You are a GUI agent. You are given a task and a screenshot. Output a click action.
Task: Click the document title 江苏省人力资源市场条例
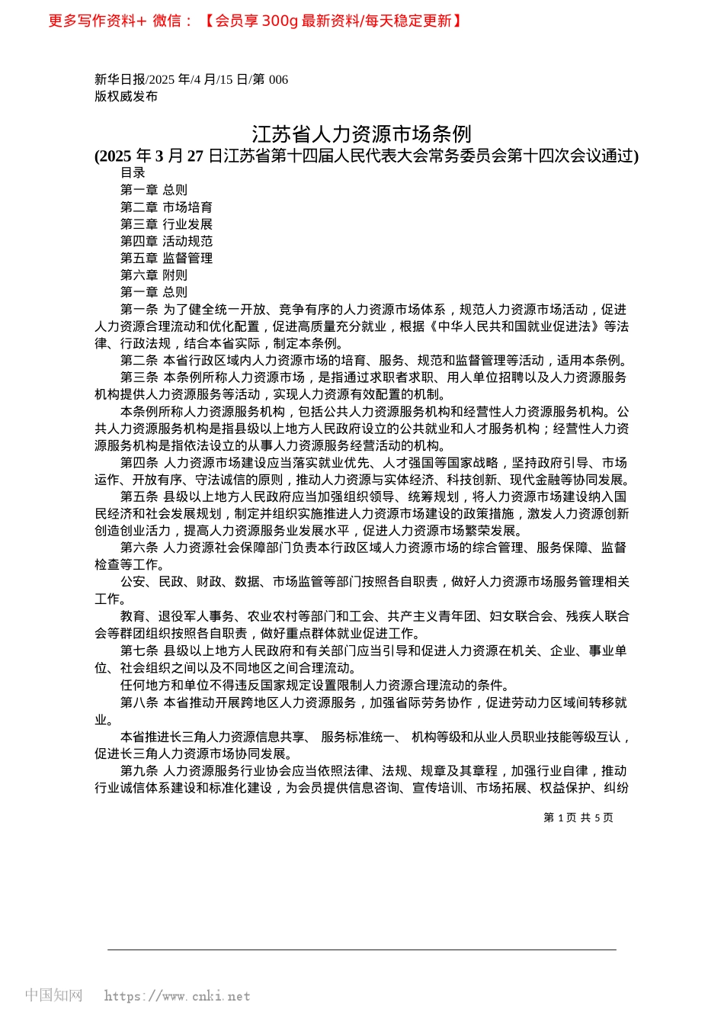[x=362, y=134]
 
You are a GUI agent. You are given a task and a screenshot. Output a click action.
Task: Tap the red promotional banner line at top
[x=255, y=21]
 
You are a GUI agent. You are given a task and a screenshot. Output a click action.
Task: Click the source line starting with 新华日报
[x=191, y=79]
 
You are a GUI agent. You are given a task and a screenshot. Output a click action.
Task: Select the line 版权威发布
[x=127, y=96]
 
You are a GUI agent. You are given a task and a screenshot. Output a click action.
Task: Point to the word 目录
[x=133, y=173]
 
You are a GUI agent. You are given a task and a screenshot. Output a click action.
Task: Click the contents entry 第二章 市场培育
[x=166, y=207]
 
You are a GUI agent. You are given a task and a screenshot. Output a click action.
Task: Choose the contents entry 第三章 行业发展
[x=166, y=224]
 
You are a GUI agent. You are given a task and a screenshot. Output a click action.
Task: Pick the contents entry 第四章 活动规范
[x=166, y=241]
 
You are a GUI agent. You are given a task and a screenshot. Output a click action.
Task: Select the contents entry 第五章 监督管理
[x=166, y=259]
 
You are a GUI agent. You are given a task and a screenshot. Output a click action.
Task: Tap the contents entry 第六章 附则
[x=154, y=275]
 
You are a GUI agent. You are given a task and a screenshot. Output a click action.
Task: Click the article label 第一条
[x=139, y=310]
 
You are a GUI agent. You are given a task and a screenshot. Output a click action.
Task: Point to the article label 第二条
[x=139, y=361]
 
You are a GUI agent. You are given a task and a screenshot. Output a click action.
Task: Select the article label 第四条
[x=139, y=463]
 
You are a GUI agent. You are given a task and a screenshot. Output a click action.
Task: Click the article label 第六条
[x=139, y=548]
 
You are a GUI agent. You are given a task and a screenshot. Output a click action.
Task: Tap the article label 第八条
[x=139, y=702]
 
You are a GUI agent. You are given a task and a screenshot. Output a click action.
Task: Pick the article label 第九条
[x=139, y=771]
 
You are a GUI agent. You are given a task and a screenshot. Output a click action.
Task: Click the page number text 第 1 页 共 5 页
[x=578, y=818]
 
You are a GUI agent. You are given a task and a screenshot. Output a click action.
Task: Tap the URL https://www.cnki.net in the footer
[x=177, y=996]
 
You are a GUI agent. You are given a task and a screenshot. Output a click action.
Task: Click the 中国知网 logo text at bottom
[x=53, y=995]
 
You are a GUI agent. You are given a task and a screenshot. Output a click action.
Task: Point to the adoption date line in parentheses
[x=367, y=156]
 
